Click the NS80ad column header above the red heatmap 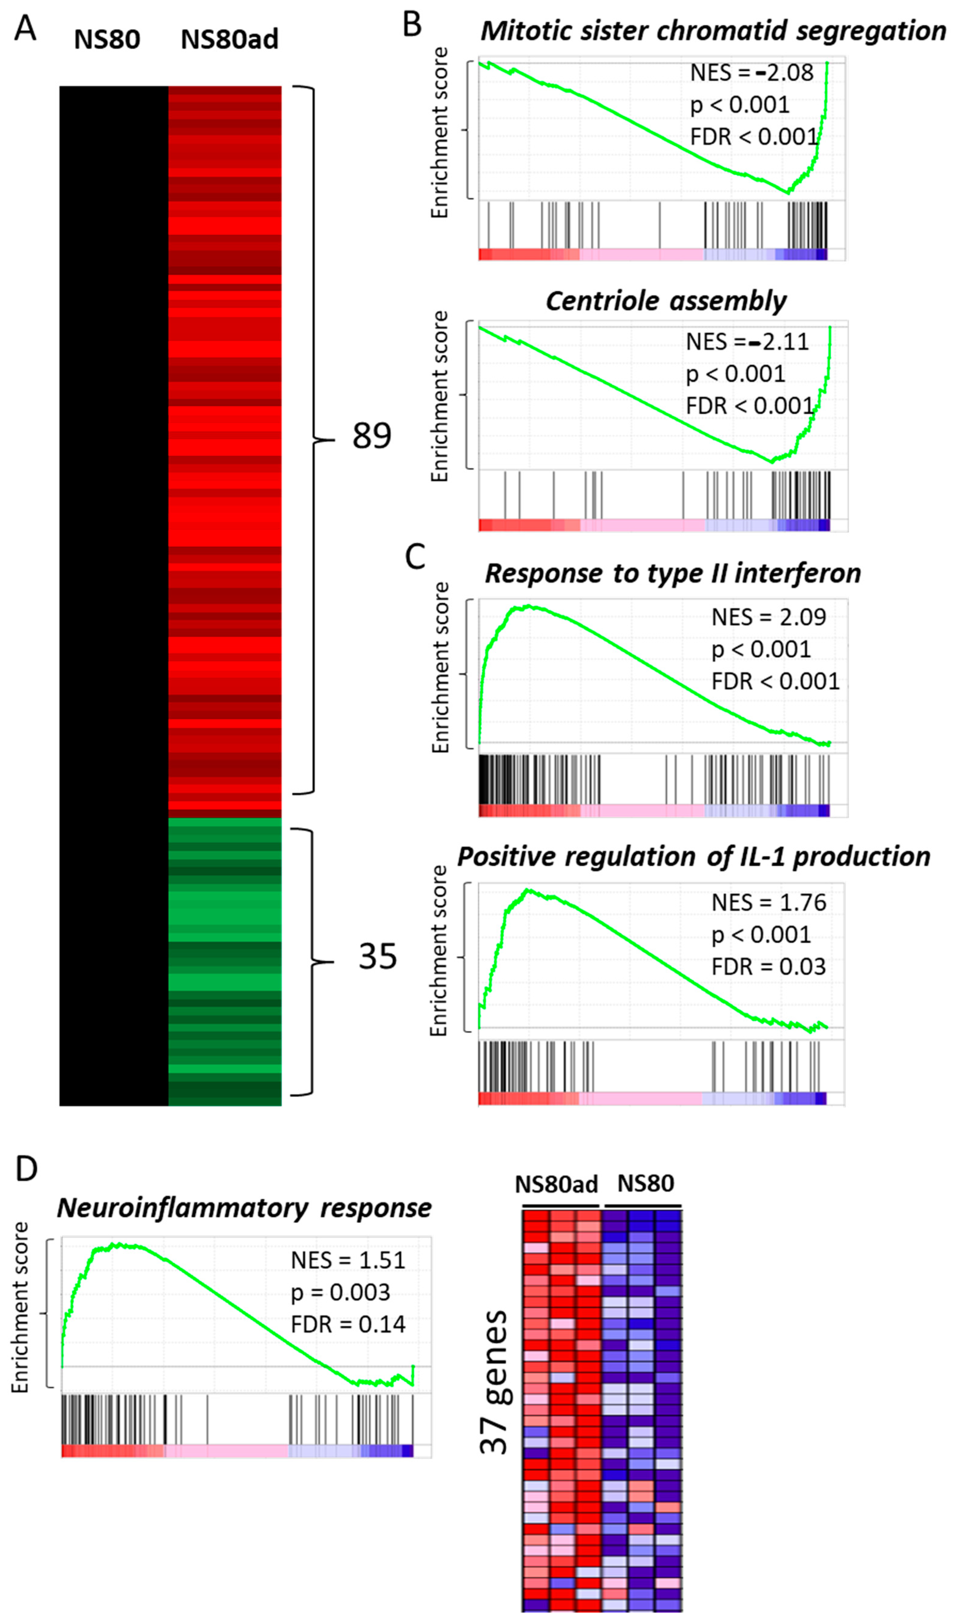point(229,40)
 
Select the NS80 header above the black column point(107,40)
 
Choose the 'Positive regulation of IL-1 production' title point(693,856)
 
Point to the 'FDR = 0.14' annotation point(348,1324)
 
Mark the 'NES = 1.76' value point(768,902)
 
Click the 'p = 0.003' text point(340,1292)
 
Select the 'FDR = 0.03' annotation point(768,966)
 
